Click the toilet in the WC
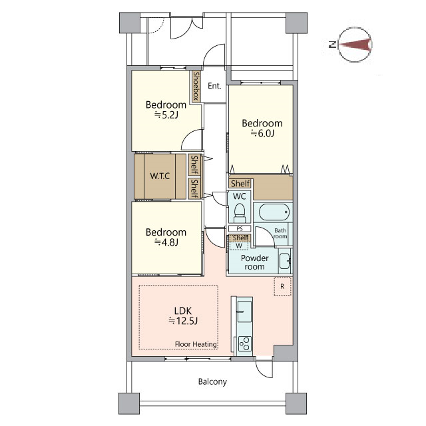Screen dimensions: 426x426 (240, 213)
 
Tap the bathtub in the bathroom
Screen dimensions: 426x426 (274, 212)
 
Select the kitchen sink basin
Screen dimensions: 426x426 (244, 312)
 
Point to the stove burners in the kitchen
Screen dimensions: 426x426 (244, 344)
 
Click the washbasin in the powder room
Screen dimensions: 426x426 (285, 261)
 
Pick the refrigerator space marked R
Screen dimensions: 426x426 (282, 286)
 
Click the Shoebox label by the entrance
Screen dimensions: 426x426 (196, 86)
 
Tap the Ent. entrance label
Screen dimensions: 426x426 (214, 86)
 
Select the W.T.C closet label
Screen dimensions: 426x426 (160, 176)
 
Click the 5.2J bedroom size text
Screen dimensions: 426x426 (166, 115)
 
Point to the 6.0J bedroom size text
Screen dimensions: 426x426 (262, 133)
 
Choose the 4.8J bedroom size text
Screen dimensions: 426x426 (166, 242)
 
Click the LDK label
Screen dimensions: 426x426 (183, 311)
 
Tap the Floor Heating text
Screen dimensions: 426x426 (196, 344)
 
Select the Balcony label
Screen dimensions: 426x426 (212, 381)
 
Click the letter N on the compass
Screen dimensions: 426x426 (333, 45)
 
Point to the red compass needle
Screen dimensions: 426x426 (355, 45)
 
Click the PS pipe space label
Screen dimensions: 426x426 (240, 229)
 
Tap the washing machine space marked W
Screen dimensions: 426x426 (239, 246)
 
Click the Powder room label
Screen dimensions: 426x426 (254, 262)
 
